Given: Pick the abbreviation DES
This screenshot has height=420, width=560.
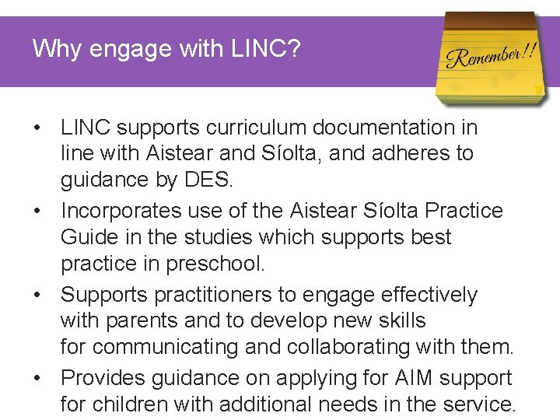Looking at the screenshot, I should (208, 180).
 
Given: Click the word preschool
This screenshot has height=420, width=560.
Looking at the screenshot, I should (215, 264).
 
